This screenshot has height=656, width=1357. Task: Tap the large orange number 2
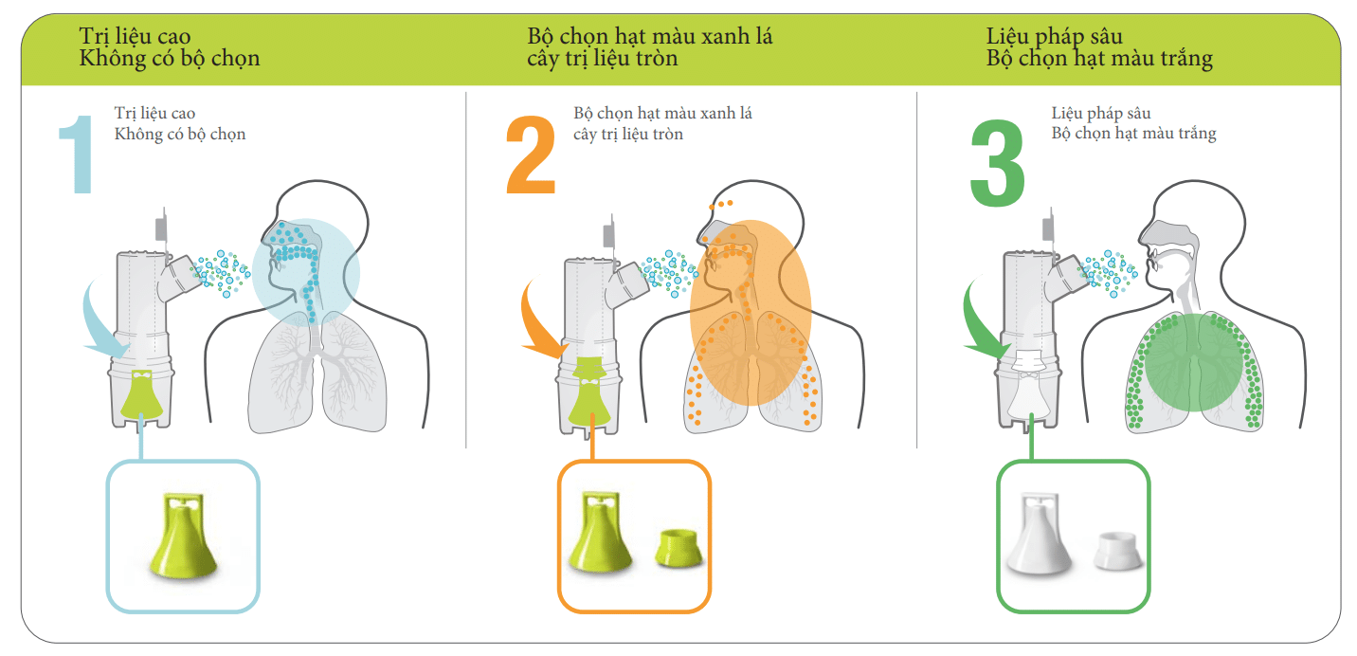click(531, 155)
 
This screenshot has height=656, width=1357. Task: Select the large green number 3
click(997, 162)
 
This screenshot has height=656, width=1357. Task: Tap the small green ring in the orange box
click(678, 548)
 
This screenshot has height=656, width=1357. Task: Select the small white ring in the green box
click(1117, 551)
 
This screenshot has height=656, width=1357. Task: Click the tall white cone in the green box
click(1039, 533)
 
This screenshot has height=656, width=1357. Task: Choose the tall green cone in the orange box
click(600, 532)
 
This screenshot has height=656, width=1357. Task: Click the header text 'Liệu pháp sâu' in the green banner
click(1054, 36)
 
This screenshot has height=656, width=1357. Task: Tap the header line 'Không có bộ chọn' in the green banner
click(170, 59)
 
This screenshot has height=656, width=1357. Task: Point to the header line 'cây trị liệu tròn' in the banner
click(602, 59)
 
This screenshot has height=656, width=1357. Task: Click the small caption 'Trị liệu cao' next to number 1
click(154, 114)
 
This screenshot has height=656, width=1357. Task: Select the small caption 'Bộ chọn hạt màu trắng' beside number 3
click(1133, 134)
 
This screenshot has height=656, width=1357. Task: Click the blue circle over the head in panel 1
click(306, 273)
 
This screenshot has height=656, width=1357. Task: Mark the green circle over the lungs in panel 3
click(1193, 362)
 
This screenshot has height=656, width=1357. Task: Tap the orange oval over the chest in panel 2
click(751, 312)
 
